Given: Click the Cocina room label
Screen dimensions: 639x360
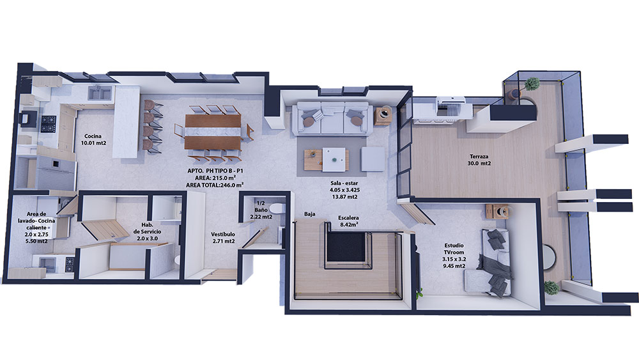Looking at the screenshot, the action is [93, 139].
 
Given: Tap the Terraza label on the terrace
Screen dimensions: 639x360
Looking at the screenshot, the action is [479, 160].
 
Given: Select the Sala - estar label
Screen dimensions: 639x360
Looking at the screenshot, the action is [344, 190].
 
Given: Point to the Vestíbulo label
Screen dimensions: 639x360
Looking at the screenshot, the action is [223, 238].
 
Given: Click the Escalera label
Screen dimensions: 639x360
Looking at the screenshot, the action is [348, 221].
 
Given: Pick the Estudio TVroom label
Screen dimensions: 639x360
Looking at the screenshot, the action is [454, 256].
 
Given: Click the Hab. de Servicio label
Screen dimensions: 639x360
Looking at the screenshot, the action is [147, 231].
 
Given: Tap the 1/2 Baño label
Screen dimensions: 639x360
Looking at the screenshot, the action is [261, 210].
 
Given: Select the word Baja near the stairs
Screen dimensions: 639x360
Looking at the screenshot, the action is [309, 214].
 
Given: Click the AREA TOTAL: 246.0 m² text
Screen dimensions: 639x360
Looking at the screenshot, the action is [215, 185].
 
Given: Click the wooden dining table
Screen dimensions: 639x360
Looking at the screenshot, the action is [213, 132].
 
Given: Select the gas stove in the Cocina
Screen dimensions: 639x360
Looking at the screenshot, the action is [49, 124].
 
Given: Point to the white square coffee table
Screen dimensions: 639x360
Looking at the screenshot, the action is [334, 159].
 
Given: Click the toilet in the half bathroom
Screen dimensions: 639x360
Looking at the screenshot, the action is [277, 208].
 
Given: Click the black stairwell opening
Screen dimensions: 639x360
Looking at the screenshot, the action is [346, 247].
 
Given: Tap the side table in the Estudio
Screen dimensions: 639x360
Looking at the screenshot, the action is [497, 211].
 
